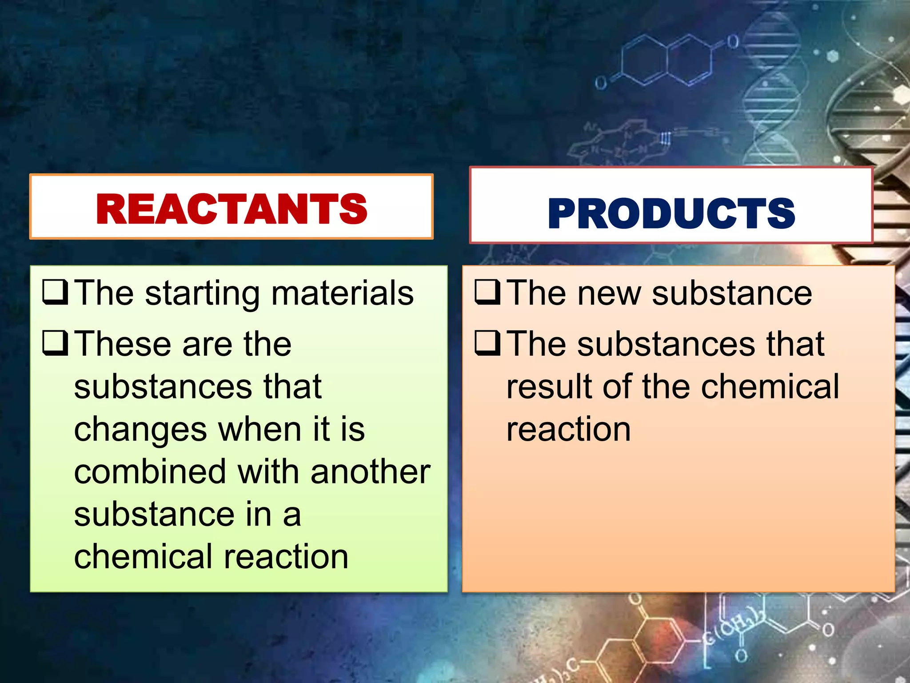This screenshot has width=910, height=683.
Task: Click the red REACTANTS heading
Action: [x=231, y=209]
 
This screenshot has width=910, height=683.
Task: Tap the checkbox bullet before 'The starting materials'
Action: [x=56, y=292]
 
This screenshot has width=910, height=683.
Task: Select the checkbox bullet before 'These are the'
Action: [x=56, y=343]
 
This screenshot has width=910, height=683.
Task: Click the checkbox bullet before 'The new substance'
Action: [x=488, y=292]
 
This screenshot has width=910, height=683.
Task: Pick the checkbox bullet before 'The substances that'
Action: [x=488, y=343]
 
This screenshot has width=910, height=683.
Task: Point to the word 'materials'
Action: [x=342, y=293]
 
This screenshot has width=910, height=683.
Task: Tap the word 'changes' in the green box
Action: [x=140, y=430]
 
